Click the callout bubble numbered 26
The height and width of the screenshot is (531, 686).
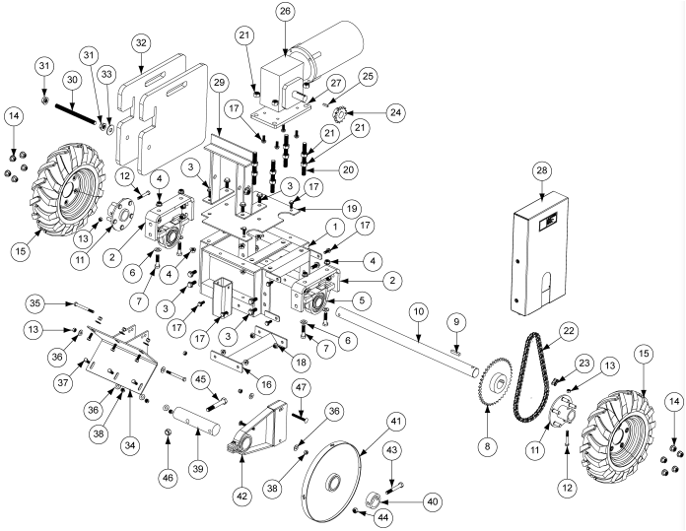tap(286, 12)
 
